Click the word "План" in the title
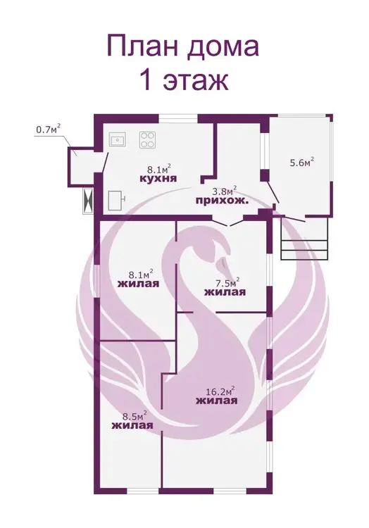coord(142,46)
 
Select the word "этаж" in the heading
coord(196,81)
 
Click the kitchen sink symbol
coord(118,139)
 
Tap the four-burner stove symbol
coord(148,140)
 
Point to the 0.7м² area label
coord(48,129)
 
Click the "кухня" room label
coord(158,178)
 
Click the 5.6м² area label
coord(302,162)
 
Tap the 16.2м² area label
coord(220,391)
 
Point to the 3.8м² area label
coord(224,191)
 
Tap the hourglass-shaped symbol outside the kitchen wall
coord(88,201)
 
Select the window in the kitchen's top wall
coord(178,118)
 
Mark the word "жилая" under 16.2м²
coord(216,401)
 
